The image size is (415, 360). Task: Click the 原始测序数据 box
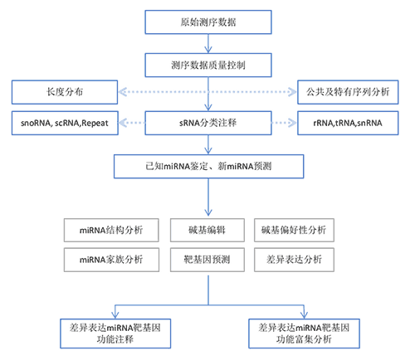pyautogui.click(x=208, y=22)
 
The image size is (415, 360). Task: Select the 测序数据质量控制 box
pyautogui.click(x=208, y=66)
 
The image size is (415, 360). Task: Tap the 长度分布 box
pyautogui.click(x=65, y=92)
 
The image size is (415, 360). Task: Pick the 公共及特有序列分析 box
pyautogui.click(x=348, y=92)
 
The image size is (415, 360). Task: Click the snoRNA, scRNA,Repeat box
pyautogui.click(x=65, y=123)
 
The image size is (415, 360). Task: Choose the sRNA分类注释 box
pyautogui.click(x=208, y=123)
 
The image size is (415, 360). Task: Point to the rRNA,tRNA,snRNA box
pyautogui.click(x=348, y=123)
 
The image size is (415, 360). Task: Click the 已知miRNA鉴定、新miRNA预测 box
pyautogui.click(x=208, y=166)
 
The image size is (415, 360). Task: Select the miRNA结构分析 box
pyautogui.click(x=111, y=230)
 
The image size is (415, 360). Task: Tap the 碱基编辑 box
pyautogui.click(x=207, y=230)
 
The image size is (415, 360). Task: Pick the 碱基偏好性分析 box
pyautogui.click(x=294, y=230)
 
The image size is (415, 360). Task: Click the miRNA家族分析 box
pyautogui.click(x=111, y=260)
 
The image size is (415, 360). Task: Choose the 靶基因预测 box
pyautogui.click(x=207, y=260)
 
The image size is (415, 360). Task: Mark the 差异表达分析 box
pyautogui.click(x=294, y=260)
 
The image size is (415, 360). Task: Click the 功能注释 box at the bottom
pyautogui.click(x=115, y=333)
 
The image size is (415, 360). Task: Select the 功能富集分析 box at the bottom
pyautogui.click(x=304, y=333)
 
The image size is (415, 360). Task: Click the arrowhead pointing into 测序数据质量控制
pyautogui.click(x=208, y=50)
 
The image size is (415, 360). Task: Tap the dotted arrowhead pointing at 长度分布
pyautogui.click(x=123, y=92)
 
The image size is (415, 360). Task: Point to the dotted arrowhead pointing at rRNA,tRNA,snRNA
pyautogui.click(x=292, y=123)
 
